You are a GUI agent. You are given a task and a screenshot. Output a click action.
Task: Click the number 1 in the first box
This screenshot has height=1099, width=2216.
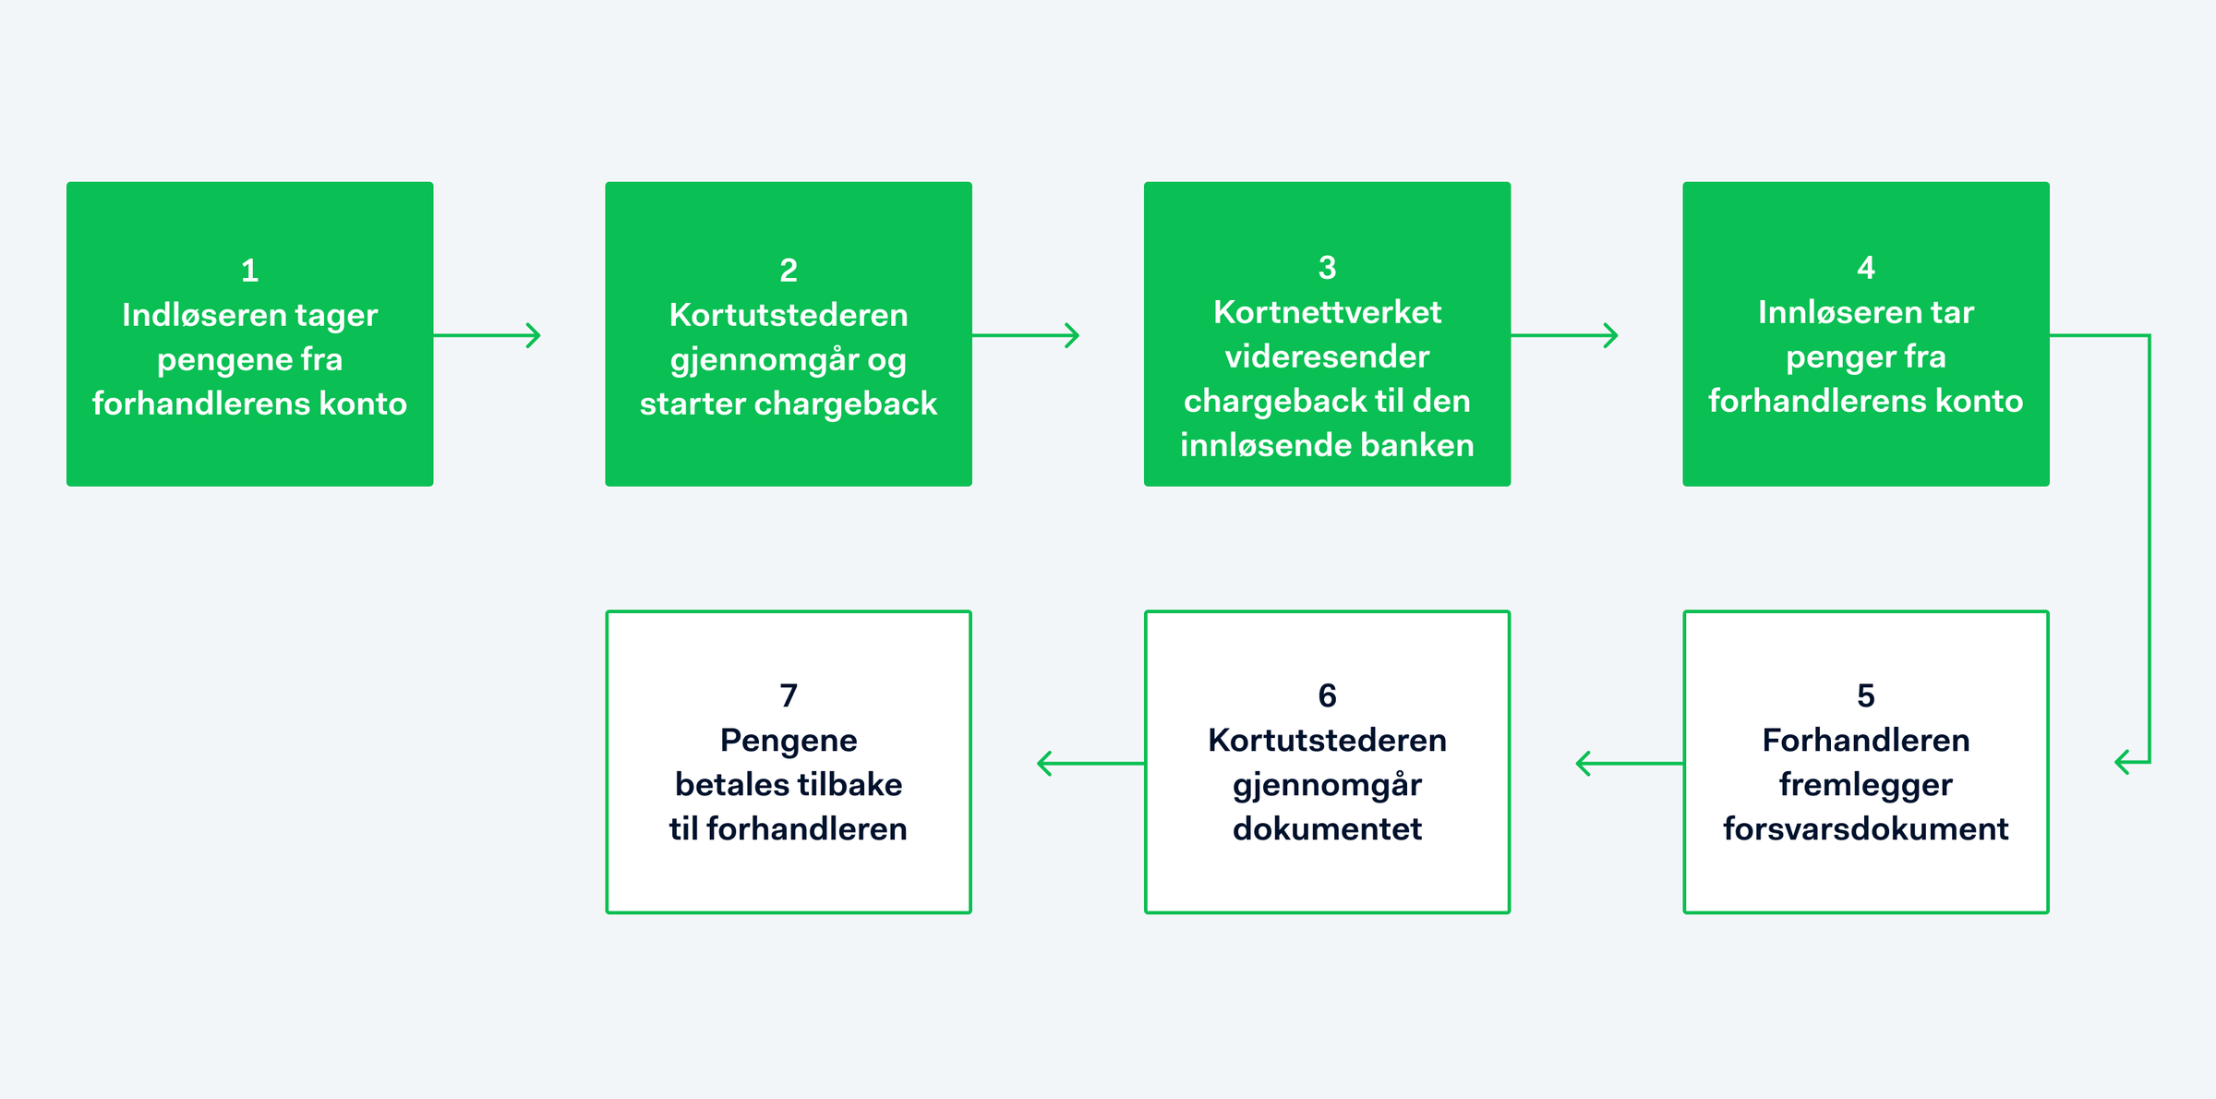click(x=249, y=271)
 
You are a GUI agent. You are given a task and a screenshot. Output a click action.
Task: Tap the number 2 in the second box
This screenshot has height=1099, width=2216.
click(x=789, y=271)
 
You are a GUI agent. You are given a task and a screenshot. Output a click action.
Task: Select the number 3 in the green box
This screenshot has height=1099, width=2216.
click(x=1327, y=268)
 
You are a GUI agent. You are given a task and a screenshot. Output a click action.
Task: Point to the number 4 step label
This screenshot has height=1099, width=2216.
click(x=1866, y=268)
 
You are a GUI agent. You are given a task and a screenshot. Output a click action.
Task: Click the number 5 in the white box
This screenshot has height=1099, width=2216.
click(x=1866, y=695)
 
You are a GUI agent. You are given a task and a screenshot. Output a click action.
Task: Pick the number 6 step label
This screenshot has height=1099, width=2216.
click(x=1327, y=695)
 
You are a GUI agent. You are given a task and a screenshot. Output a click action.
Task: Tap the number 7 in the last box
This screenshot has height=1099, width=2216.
click(x=789, y=695)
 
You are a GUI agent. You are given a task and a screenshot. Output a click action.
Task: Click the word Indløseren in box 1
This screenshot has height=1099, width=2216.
click(x=204, y=315)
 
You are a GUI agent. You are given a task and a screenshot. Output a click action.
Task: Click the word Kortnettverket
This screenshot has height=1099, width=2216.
click(x=1327, y=312)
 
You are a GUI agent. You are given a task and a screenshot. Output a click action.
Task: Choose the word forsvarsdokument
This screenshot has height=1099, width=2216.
click(x=1866, y=828)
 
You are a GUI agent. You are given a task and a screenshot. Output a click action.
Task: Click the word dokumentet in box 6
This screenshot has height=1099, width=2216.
click(x=1327, y=828)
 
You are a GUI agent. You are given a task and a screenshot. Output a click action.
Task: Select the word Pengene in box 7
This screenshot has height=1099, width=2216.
click(x=789, y=741)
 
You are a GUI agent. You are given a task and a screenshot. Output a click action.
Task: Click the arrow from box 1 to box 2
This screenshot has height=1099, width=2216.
click(x=487, y=335)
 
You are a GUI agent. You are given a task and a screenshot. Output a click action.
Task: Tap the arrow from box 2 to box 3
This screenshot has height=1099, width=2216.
click(x=1026, y=335)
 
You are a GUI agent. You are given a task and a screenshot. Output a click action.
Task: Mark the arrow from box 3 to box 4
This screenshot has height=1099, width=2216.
click(x=1564, y=335)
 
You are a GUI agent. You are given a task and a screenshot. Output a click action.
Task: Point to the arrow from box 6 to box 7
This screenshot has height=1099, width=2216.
click(x=1090, y=763)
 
